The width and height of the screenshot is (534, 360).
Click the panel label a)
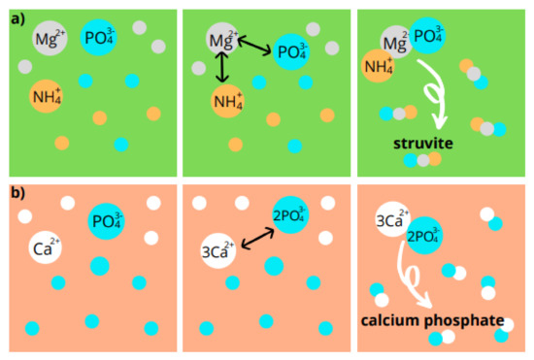pyautogui.click(x=17, y=19)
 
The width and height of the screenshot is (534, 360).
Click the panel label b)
pyautogui.click(x=18, y=193)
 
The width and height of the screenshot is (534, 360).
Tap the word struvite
pyautogui.click(x=423, y=144)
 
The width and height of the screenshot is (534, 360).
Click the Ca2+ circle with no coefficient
pyautogui.click(x=45, y=247)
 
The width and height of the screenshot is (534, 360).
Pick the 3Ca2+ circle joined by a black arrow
pyautogui.click(x=217, y=250)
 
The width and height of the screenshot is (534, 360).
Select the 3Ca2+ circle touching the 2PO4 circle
pyautogui.click(x=392, y=219)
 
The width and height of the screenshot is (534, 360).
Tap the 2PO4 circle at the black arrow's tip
pyautogui.click(x=290, y=214)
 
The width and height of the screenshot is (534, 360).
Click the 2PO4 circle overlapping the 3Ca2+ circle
pyautogui.click(x=424, y=236)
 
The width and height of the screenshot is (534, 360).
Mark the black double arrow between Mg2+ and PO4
pyautogui.click(x=253, y=46)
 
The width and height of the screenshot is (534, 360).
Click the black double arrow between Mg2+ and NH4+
pyautogui.click(x=222, y=67)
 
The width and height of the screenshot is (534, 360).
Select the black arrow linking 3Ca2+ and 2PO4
pyautogui.click(x=257, y=239)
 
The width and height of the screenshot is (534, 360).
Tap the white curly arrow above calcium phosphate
pyautogui.click(x=411, y=276)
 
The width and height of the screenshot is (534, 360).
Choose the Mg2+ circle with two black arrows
pyautogui.click(x=222, y=39)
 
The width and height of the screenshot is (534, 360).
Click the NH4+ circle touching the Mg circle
pyautogui.click(x=378, y=66)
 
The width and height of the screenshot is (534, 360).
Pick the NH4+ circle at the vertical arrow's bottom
pyautogui.click(x=227, y=101)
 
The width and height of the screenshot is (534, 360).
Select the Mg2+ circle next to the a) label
pyautogui.click(x=50, y=38)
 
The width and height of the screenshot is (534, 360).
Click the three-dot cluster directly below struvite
pyautogui.click(x=422, y=160)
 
